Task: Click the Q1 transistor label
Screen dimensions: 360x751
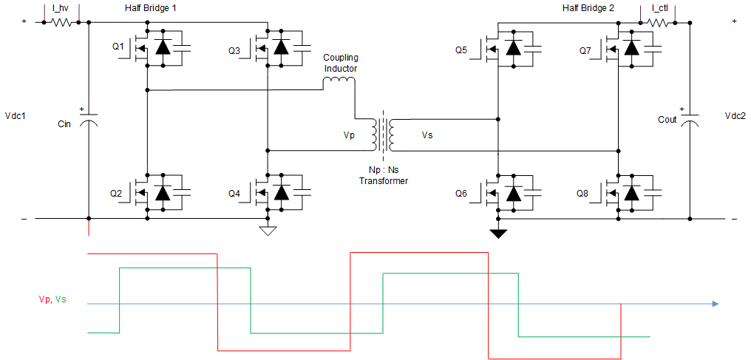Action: (118, 47)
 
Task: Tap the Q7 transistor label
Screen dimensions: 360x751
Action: (585, 51)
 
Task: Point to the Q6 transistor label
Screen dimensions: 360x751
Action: (461, 194)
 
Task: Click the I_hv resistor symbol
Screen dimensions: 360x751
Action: (61, 22)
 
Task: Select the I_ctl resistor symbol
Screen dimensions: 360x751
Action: (659, 22)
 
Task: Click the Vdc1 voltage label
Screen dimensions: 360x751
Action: (16, 116)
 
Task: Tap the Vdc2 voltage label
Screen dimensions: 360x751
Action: (735, 116)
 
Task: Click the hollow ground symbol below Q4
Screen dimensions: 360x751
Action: (268, 231)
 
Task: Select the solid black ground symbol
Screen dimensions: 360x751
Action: (499, 234)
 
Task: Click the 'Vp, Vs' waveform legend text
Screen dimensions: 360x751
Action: (52, 299)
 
